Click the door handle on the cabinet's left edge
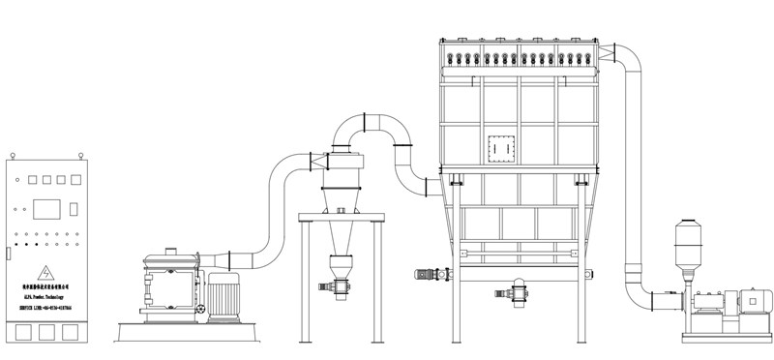(8, 254)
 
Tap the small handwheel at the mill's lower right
(200, 311)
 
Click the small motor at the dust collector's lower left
(425, 275)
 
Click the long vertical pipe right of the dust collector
(635, 174)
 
